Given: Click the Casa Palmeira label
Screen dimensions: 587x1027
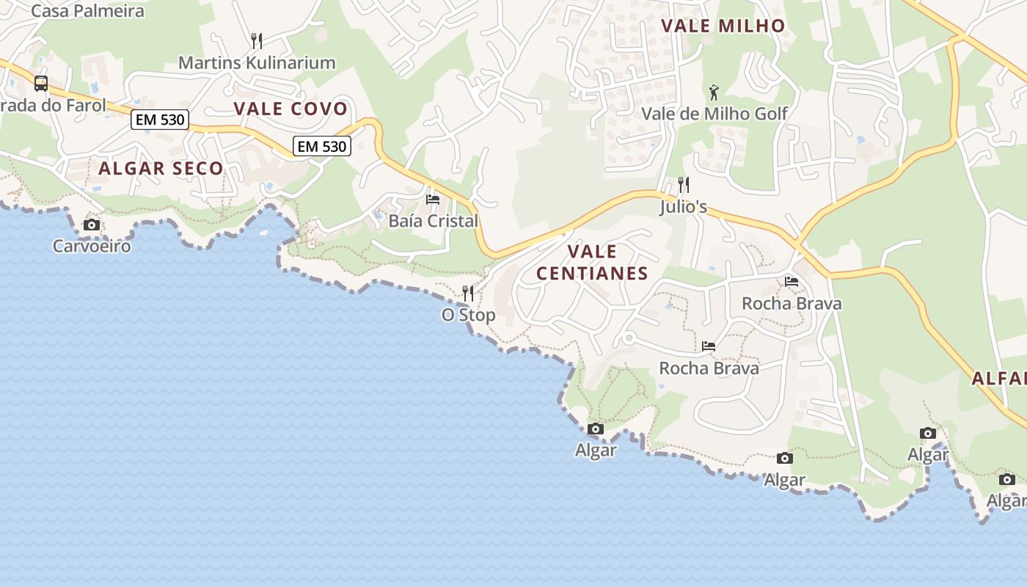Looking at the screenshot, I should point(87,11).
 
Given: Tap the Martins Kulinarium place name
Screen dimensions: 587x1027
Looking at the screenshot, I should point(257,63).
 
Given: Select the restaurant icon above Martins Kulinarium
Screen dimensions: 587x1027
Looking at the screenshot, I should point(256,40).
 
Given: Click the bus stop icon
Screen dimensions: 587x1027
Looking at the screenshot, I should point(41,84).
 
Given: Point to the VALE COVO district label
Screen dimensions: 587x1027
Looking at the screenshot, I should point(290,109).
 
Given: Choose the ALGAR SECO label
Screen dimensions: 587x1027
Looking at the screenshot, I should point(161,169).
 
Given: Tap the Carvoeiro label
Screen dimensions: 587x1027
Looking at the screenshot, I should point(92,246).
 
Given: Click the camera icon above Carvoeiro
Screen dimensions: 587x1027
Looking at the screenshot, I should point(92,225).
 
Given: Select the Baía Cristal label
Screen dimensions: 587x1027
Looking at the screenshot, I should point(433,221).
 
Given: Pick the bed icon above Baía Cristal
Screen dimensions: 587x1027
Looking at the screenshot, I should point(433,199).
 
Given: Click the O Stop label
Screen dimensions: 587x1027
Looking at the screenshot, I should point(468,316).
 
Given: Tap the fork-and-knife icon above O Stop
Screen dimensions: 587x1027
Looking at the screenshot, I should point(468,293).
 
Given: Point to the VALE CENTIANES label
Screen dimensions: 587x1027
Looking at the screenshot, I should point(592,263).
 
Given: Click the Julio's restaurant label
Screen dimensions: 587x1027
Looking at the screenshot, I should point(683,207).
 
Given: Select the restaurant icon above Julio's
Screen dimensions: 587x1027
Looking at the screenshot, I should point(684,184).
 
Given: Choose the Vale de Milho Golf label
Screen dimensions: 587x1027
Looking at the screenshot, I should point(714,114).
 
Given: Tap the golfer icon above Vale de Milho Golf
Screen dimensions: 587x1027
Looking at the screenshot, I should point(714,92).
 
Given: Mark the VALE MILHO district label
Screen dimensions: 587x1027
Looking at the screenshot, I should point(723,26).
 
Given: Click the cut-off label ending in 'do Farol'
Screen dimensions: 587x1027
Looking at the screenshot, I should point(53,105).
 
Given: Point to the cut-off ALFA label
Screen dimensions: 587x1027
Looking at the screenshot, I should point(999,379).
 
